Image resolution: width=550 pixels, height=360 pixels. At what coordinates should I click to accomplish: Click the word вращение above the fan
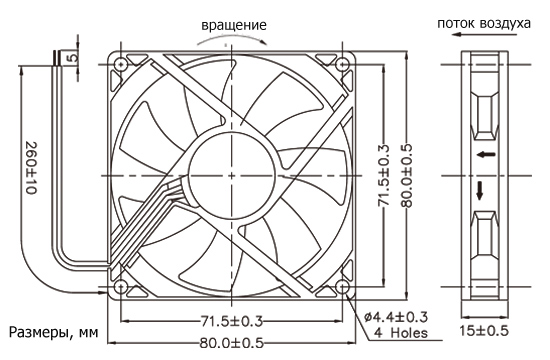click(234, 25)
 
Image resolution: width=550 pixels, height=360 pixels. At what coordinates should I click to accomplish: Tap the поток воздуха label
click(484, 24)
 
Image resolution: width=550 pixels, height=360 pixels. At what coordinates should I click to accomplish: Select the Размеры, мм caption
click(54, 332)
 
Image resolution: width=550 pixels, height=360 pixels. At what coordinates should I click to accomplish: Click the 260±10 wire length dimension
click(32, 168)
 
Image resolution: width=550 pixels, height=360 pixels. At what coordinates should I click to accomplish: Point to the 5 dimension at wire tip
click(73, 56)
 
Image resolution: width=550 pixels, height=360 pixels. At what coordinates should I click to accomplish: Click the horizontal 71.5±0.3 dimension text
click(232, 321)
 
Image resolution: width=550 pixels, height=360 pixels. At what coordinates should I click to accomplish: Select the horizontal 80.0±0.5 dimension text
click(232, 343)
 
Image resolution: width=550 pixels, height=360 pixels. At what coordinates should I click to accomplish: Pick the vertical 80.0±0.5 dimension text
click(407, 175)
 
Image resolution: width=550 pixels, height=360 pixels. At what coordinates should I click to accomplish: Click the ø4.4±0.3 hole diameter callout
click(396, 317)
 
